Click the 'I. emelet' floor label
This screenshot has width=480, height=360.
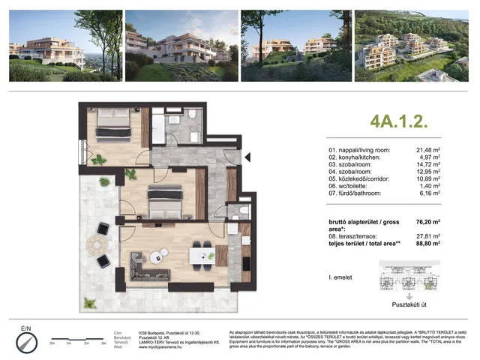tap(342, 278)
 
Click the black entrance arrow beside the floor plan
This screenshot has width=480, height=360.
tap(247, 155)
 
